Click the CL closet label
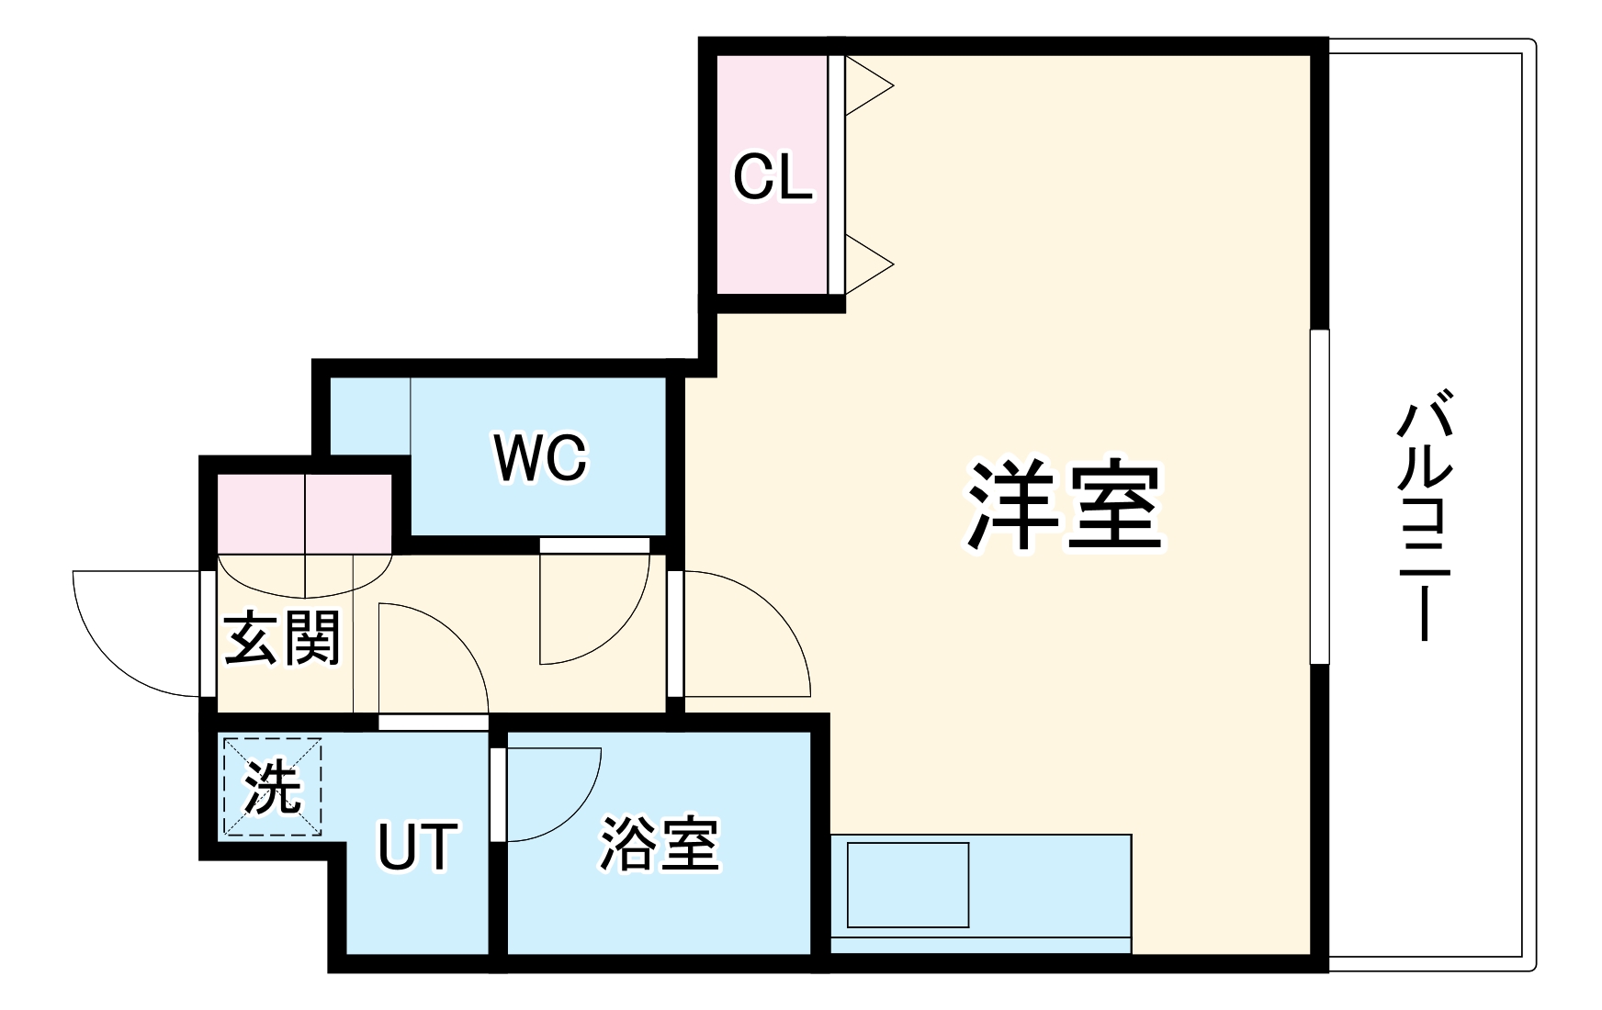coord(773,176)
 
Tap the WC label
coord(540,456)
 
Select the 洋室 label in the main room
coord(1065,505)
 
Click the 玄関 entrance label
coord(282,637)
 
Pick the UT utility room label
coord(416,846)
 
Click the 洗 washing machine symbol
coord(272,787)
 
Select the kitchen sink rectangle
coord(908,884)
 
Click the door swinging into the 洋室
coord(749,634)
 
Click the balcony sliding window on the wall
coord(1319,496)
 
